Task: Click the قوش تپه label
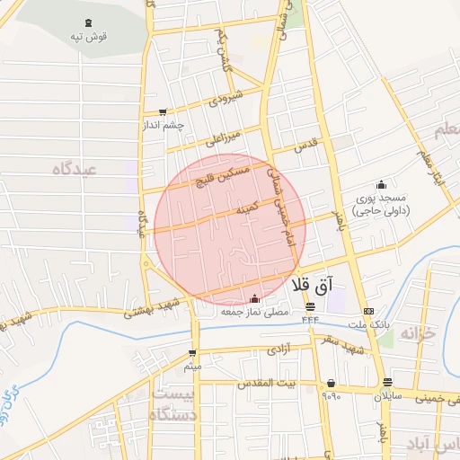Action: tap(86, 37)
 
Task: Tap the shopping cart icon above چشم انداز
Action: tap(162, 112)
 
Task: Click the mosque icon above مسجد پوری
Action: tap(381, 183)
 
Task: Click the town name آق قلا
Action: tap(312, 286)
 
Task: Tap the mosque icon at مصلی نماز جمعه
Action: tap(254, 298)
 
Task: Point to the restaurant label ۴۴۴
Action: tap(310, 319)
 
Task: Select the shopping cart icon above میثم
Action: tap(192, 353)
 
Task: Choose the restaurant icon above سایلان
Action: tap(387, 381)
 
